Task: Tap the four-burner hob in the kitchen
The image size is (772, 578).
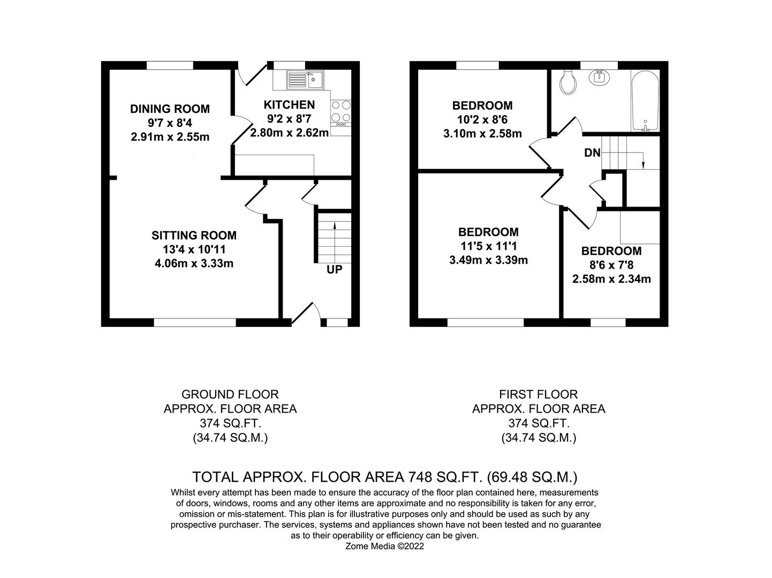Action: tap(341, 111)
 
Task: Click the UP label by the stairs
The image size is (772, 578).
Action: tap(334, 270)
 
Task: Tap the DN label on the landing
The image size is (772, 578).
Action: tap(592, 153)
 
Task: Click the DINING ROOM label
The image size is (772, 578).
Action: tap(170, 109)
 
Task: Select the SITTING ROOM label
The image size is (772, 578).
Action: tap(194, 235)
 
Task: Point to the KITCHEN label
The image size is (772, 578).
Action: tap(289, 105)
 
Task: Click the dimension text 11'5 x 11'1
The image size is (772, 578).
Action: tap(488, 246)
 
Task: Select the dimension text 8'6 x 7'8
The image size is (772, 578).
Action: tap(611, 265)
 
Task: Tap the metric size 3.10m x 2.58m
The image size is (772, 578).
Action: tap(482, 133)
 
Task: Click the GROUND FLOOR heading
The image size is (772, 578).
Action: tap(230, 394)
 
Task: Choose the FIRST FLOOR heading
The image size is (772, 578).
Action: tap(538, 394)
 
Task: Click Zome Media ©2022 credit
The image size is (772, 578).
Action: tap(385, 546)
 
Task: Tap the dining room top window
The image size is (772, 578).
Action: tap(170, 65)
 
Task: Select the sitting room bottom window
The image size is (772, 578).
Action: tap(195, 322)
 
